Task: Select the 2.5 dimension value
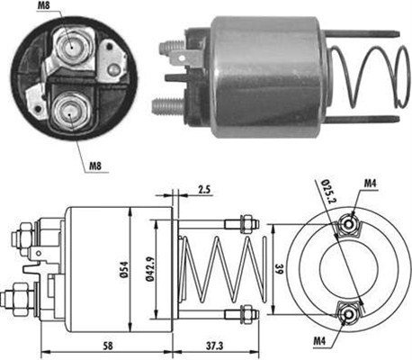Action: (204, 189)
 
